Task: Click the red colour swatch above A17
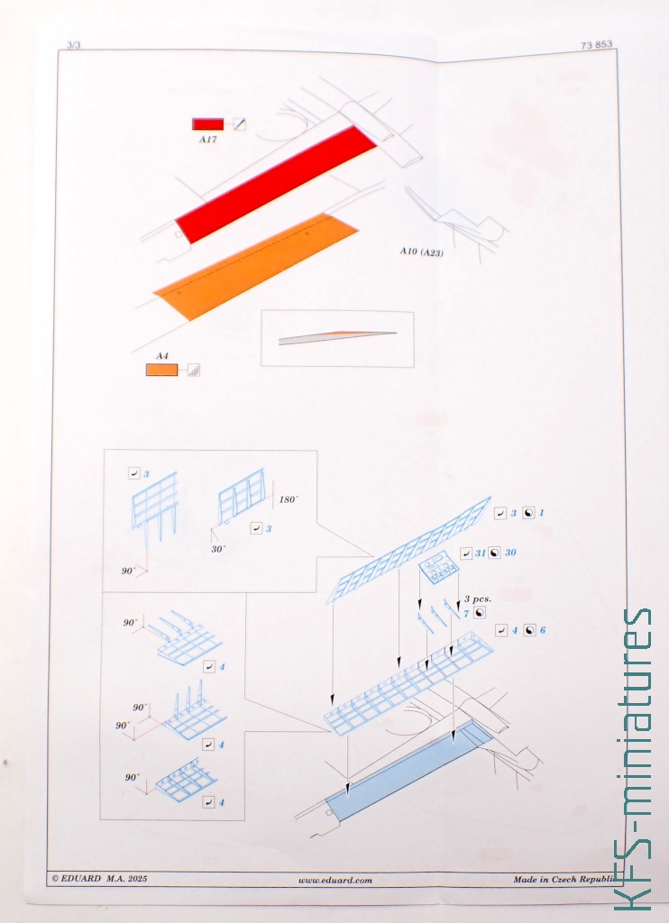point(208,123)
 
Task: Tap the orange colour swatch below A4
point(161,370)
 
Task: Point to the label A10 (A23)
point(422,252)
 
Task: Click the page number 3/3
point(74,45)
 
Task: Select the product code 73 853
point(596,45)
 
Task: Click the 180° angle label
point(289,499)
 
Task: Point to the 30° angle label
point(218,549)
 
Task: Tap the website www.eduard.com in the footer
point(335,881)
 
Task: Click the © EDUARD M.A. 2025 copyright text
point(99,879)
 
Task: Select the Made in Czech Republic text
point(564,880)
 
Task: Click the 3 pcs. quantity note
point(478,599)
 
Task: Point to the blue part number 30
point(510,553)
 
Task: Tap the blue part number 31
point(481,553)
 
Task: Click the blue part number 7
point(466,614)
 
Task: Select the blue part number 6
point(543,630)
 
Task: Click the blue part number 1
point(541,513)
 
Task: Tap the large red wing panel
point(276,184)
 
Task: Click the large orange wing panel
point(255,267)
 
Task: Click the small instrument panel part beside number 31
point(439,568)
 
